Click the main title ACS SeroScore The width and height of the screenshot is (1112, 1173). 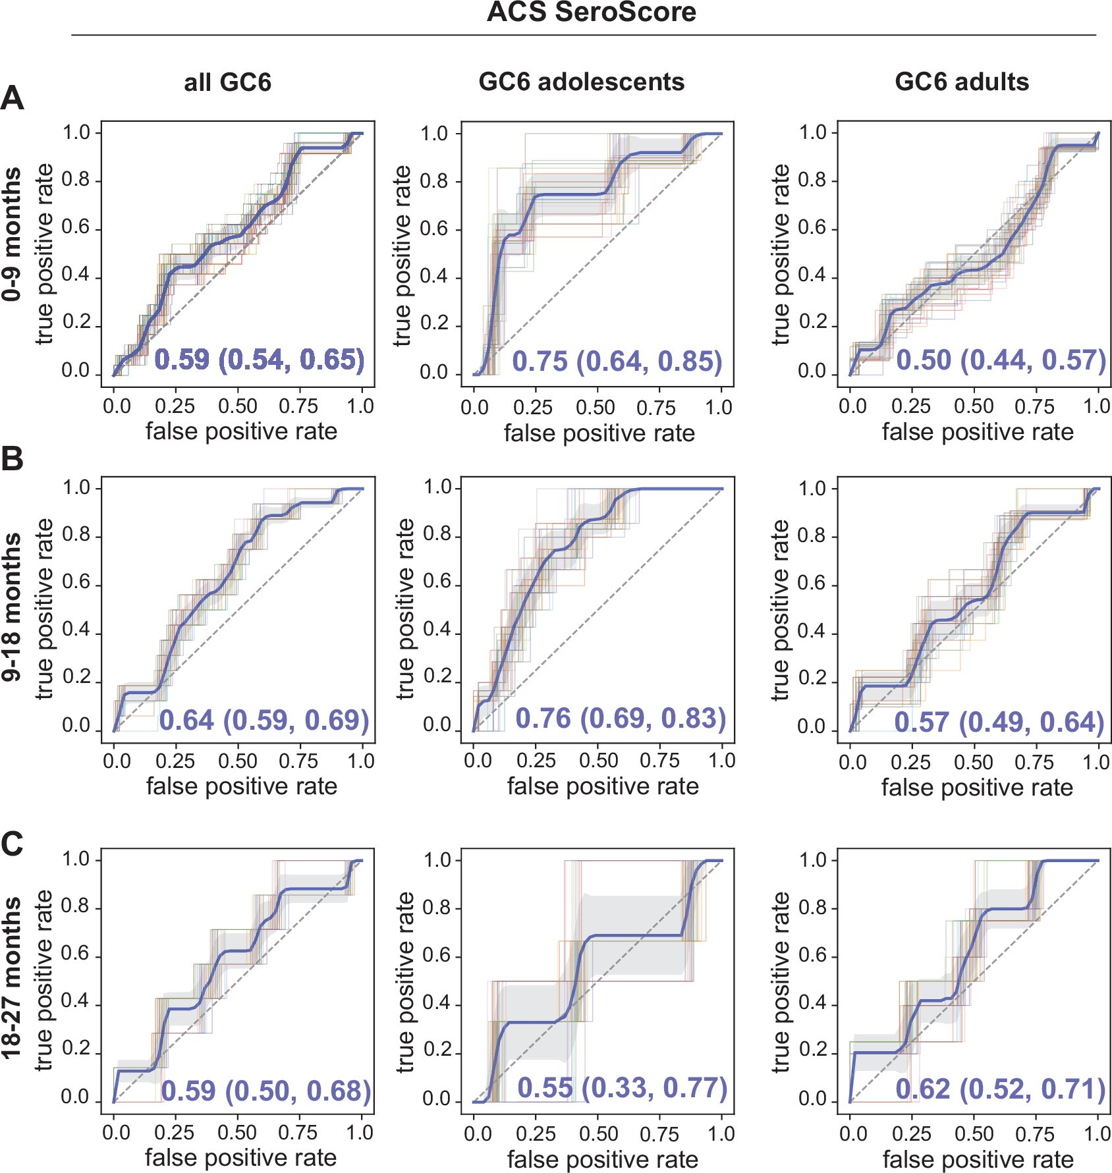point(591,13)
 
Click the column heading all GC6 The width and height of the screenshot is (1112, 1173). point(227,82)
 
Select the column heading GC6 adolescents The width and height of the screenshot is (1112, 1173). point(581,82)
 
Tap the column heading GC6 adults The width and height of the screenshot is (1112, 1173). point(961,82)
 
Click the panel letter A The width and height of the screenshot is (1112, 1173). point(13,99)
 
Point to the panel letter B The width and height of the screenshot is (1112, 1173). point(13,459)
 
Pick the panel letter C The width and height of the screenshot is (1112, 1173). point(13,844)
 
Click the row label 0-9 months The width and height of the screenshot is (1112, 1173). point(12,234)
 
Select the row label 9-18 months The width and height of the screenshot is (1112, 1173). point(12,606)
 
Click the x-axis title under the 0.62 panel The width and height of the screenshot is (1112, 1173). point(978,1159)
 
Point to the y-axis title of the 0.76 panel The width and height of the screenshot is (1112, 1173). point(405,609)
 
